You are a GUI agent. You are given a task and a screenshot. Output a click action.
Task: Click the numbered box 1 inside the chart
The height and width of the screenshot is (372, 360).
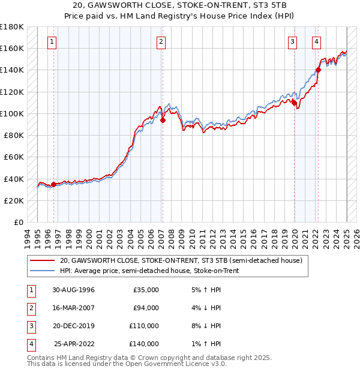pyautogui.click(x=53, y=42)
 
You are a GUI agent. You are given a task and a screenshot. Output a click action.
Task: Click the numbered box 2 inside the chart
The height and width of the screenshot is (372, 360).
pyautogui.click(x=161, y=42)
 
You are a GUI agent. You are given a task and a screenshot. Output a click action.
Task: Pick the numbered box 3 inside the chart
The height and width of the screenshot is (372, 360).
pyautogui.click(x=292, y=42)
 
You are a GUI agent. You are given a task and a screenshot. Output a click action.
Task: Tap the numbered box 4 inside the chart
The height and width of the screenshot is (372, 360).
pyautogui.click(x=316, y=42)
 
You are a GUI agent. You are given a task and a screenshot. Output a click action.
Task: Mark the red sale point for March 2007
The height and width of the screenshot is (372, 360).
pyautogui.click(x=163, y=120)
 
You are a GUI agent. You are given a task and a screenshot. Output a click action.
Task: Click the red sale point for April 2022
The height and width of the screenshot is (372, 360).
pyautogui.click(x=318, y=70)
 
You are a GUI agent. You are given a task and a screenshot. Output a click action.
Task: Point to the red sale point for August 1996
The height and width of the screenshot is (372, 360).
pyautogui.click(x=53, y=184)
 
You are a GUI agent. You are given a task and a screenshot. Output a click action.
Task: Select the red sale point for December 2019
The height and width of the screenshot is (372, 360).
pyautogui.click(x=295, y=103)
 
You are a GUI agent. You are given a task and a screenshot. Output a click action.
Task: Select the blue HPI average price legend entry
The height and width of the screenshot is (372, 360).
pyautogui.click(x=149, y=271)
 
